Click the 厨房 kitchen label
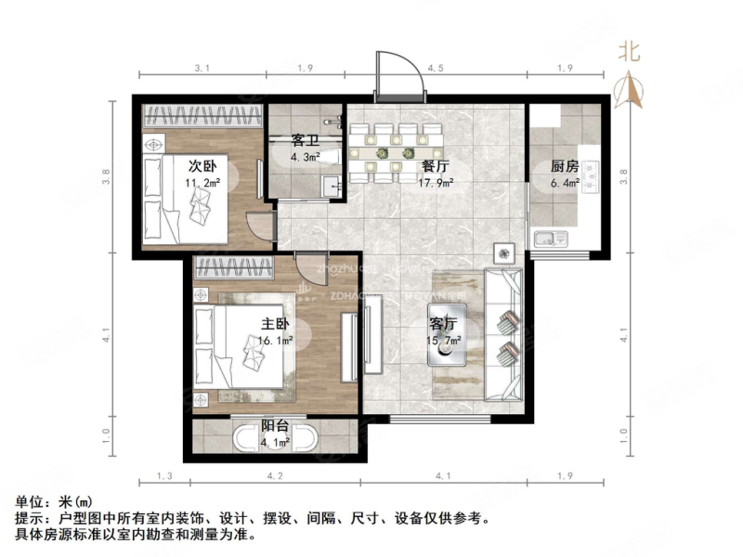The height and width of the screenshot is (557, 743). [x=565, y=167]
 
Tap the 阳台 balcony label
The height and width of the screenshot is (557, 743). [x=274, y=426]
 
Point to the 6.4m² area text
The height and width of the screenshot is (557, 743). [x=565, y=183]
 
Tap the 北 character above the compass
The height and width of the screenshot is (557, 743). [x=631, y=53]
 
